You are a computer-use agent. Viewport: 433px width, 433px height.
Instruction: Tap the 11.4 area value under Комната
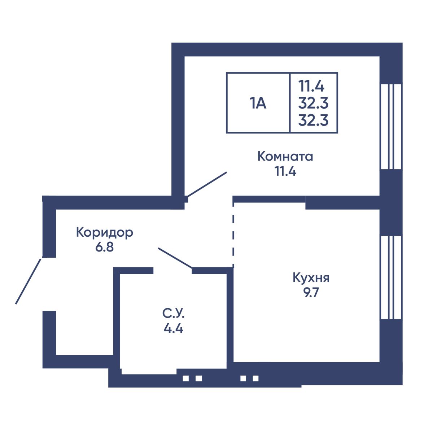(x=285, y=171)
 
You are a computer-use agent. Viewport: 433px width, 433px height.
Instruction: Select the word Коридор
(x=105, y=233)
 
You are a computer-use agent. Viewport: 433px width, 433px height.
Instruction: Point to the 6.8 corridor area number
(x=105, y=247)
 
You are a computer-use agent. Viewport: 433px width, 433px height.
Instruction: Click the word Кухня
(x=311, y=278)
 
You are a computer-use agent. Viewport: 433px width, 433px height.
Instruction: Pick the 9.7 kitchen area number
(x=311, y=293)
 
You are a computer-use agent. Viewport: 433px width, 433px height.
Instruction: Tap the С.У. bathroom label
(x=173, y=314)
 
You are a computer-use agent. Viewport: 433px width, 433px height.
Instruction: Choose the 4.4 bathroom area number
(x=174, y=328)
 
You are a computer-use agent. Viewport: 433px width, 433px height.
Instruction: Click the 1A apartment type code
(x=258, y=104)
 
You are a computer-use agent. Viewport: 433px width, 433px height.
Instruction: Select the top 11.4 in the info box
(x=311, y=86)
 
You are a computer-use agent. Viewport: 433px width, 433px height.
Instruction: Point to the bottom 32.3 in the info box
(x=314, y=120)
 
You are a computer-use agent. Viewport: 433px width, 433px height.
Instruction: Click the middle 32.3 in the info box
(x=314, y=103)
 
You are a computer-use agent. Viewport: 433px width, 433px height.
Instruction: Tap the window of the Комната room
(x=391, y=127)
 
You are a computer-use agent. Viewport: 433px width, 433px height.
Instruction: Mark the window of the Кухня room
(x=391, y=277)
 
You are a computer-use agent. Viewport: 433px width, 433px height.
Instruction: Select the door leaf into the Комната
(x=207, y=184)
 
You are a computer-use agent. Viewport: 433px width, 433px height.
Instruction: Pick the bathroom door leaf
(x=175, y=258)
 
